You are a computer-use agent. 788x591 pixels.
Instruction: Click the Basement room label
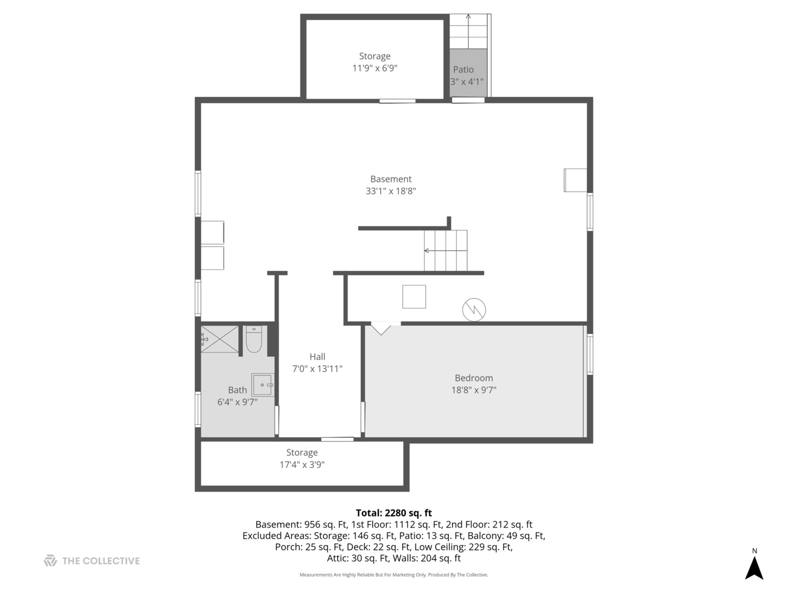[x=391, y=179]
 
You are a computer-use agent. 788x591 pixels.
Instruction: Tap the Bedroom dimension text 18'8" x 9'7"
[x=473, y=390]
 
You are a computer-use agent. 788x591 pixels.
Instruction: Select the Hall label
[x=317, y=357]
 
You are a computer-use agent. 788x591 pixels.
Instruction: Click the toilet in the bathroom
[x=254, y=340]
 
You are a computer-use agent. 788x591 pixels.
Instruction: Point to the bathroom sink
[x=263, y=385]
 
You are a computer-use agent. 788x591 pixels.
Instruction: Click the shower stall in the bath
[x=219, y=339]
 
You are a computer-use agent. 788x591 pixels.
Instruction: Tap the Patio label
[x=463, y=69]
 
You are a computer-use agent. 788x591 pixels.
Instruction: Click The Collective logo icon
[x=50, y=560]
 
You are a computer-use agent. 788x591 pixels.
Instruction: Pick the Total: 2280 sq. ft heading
[x=393, y=513]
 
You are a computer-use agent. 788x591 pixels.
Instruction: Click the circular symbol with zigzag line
[x=474, y=310]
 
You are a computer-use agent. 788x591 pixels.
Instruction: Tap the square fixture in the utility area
[x=414, y=297]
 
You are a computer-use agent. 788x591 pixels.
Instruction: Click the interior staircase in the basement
[x=445, y=251]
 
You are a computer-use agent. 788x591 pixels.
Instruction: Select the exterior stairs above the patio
[x=468, y=32]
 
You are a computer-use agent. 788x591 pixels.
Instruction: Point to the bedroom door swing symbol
[x=381, y=328]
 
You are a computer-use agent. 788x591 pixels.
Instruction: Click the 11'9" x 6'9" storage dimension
[x=374, y=68]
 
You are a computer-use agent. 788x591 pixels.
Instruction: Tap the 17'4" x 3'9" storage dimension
[x=302, y=465]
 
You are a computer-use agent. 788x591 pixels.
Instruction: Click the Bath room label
[x=237, y=390]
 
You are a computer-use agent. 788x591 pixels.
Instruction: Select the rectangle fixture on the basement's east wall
[x=575, y=180]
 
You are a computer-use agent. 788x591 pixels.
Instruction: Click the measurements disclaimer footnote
[x=393, y=575]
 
